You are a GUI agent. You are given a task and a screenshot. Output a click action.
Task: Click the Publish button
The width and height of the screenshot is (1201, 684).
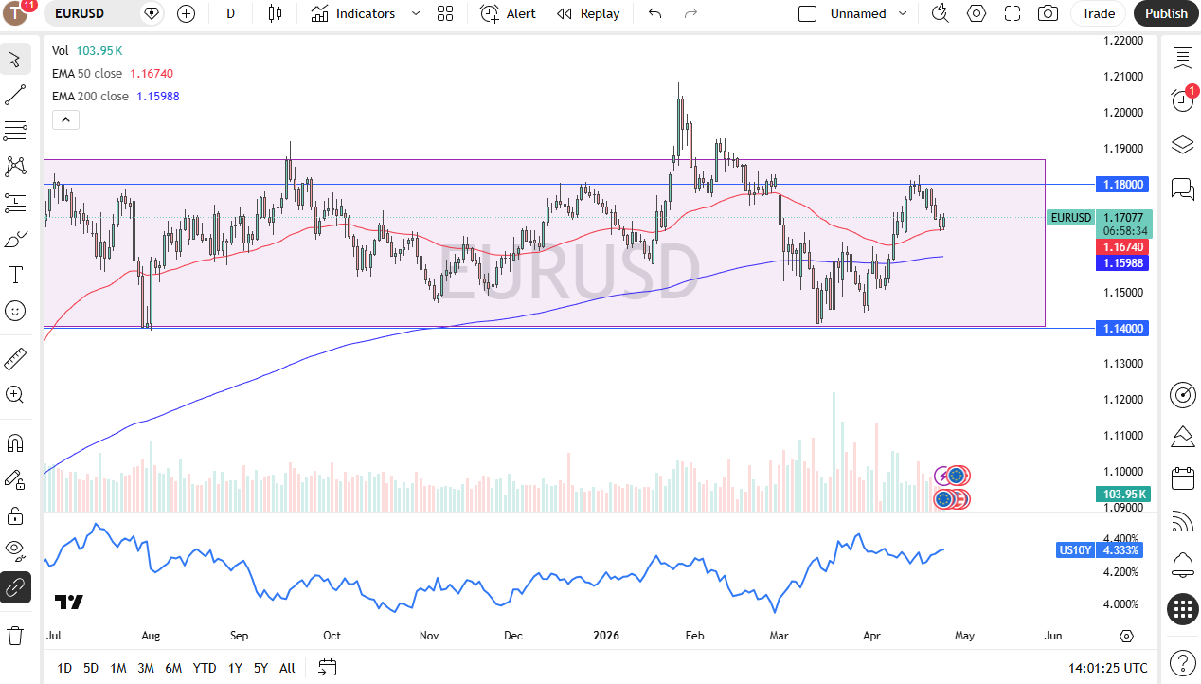pyautogui.click(x=1166, y=13)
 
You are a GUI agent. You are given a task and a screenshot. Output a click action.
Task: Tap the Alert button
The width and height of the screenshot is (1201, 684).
pyautogui.click(x=508, y=13)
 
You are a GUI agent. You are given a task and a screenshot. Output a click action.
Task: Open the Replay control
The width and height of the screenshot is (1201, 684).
pyautogui.click(x=588, y=13)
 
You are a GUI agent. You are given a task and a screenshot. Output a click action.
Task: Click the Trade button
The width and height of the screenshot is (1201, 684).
pyautogui.click(x=1098, y=13)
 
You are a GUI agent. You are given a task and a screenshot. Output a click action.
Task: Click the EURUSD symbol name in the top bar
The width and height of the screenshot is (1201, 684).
pyautogui.click(x=81, y=13)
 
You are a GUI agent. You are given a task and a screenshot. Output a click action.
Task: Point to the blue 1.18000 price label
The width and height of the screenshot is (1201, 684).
pyautogui.click(x=1122, y=184)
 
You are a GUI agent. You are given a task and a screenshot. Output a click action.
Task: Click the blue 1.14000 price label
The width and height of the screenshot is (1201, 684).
pyautogui.click(x=1122, y=328)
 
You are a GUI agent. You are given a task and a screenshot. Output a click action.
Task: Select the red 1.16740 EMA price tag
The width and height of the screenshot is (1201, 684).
pyautogui.click(x=1122, y=246)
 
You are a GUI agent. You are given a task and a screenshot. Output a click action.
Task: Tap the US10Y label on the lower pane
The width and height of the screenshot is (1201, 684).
pyautogui.click(x=1076, y=550)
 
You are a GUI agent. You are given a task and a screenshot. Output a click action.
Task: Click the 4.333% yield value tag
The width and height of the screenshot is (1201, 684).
pyautogui.click(x=1121, y=550)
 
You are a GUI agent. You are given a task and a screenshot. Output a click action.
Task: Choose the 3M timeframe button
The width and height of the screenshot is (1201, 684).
pyautogui.click(x=145, y=668)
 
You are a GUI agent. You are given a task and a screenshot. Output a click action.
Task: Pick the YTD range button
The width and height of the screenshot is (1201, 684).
pyautogui.click(x=205, y=668)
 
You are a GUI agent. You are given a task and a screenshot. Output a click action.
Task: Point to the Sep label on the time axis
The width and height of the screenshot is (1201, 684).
pyautogui.click(x=239, y=636)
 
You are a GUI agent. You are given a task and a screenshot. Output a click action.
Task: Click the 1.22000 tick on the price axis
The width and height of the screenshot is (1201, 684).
pyautogui.click(x=1123, y=41)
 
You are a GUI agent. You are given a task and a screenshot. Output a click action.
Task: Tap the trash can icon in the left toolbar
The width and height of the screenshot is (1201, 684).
pyautogui.click(x=15, y=635)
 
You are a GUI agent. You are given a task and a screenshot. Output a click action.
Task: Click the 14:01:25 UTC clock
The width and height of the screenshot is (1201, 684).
pyautogui.click(x=1107, y=668)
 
